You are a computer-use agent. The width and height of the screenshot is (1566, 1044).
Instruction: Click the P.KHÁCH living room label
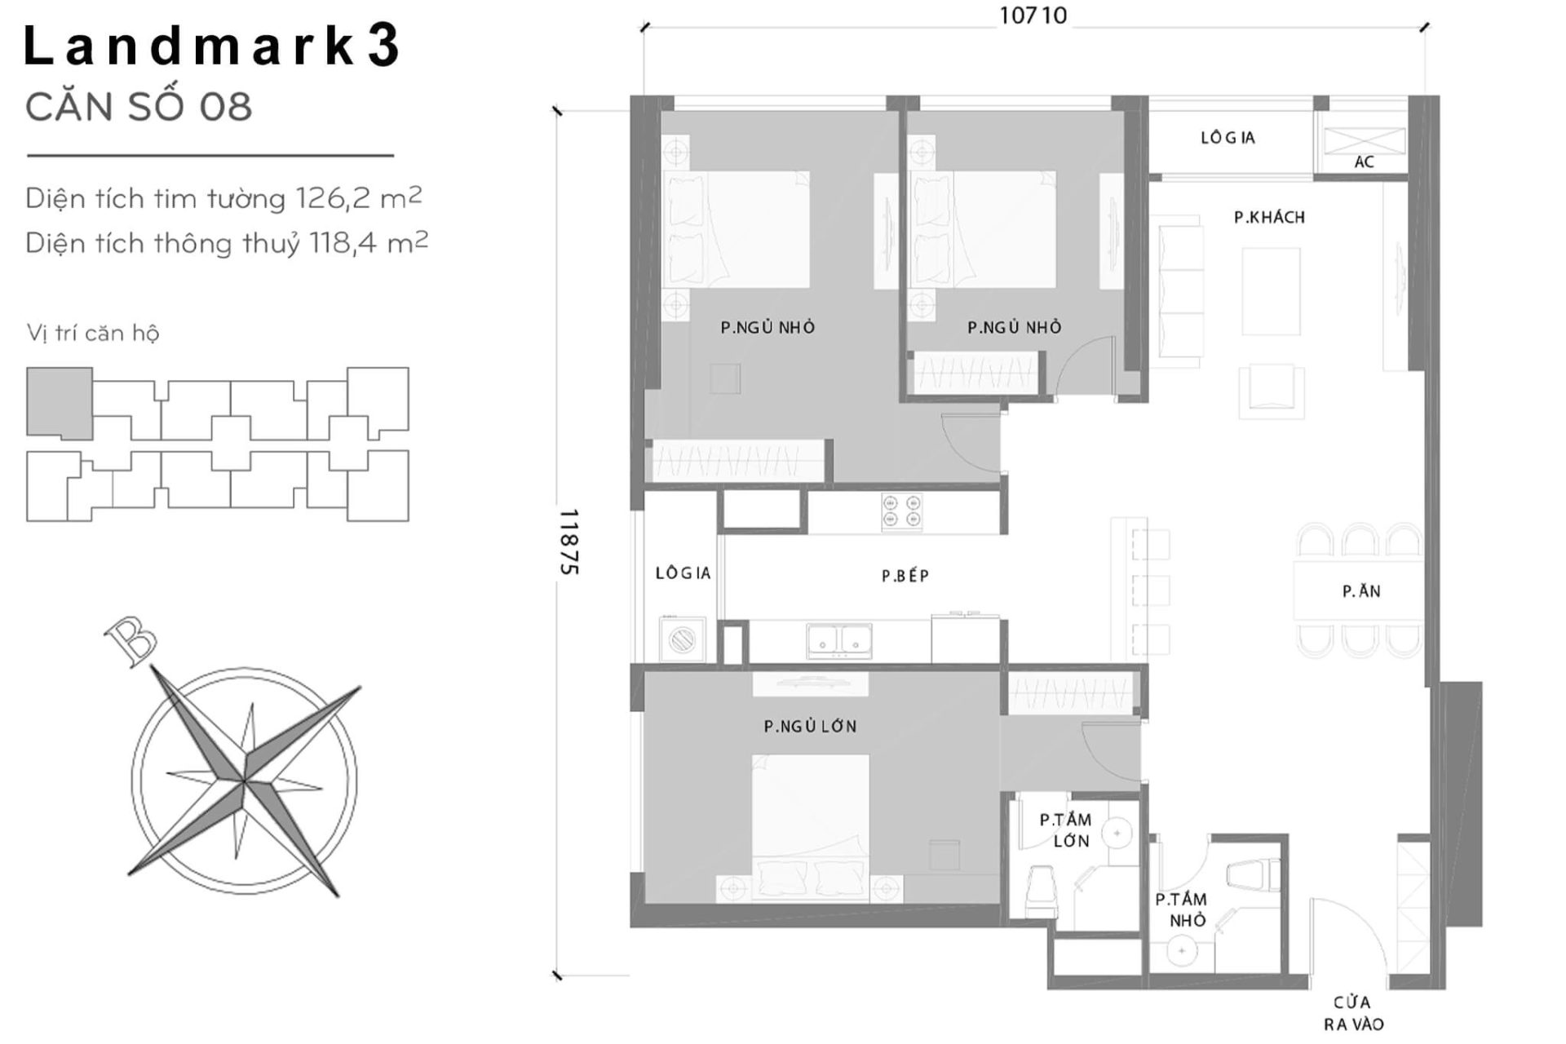(1269, 217)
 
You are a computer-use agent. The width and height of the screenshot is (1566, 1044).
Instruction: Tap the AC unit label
(1364, 162)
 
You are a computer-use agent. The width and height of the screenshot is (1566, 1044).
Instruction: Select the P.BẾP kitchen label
(905, 576)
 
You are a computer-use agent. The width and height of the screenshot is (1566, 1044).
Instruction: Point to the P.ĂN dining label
(1360, 591)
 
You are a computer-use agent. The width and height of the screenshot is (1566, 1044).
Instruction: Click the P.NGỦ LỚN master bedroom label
(810, 726)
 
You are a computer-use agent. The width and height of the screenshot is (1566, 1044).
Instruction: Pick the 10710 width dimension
(1033, 16)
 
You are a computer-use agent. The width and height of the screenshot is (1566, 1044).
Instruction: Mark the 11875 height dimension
(568, 542)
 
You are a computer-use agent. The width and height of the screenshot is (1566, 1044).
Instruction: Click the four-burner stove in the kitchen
(901, 512)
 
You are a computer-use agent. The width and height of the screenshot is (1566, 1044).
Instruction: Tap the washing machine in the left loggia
(682, 639)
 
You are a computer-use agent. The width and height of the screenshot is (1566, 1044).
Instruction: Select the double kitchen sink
(839, 640)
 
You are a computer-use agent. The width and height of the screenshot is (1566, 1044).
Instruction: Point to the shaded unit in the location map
(59, 402)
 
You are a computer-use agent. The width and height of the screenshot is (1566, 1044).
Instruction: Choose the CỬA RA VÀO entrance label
(1352, 1013)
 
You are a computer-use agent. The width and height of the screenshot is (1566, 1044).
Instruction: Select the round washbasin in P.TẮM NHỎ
(1180, 951)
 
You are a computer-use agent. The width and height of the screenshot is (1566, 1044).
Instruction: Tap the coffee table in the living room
(1271, 291)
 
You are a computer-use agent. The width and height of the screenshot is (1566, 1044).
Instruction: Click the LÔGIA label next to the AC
(1227, 138)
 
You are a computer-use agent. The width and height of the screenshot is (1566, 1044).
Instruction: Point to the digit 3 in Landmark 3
(383, 46)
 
